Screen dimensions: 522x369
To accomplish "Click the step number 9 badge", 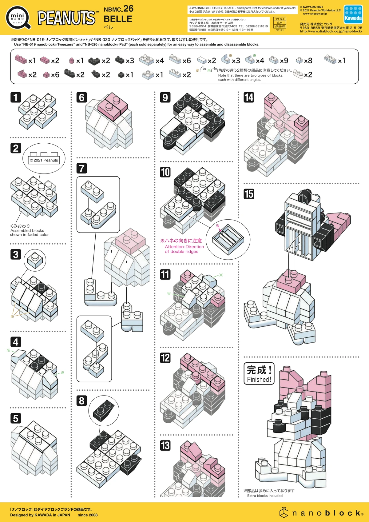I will coord(165,98).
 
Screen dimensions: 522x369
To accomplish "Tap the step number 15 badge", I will coord(249,194).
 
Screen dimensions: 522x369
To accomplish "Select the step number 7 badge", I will coord(81,168).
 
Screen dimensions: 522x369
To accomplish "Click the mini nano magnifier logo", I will coord(18,18).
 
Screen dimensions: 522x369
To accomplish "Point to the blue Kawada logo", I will coord(353,14).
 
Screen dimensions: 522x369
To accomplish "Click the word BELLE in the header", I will coord(118,19).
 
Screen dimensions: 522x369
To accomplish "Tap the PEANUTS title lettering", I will coord(66,18).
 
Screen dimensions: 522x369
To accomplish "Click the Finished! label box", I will coord(259,373).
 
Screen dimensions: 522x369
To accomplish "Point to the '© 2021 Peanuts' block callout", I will coord(44,160).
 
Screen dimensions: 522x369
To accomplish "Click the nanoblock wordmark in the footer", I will coord(322,513).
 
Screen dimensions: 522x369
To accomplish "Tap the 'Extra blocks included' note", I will coord(264,496).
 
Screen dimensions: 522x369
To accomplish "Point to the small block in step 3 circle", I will coord(35,261).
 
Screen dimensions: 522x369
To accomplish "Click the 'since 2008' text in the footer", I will coord(88,515).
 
